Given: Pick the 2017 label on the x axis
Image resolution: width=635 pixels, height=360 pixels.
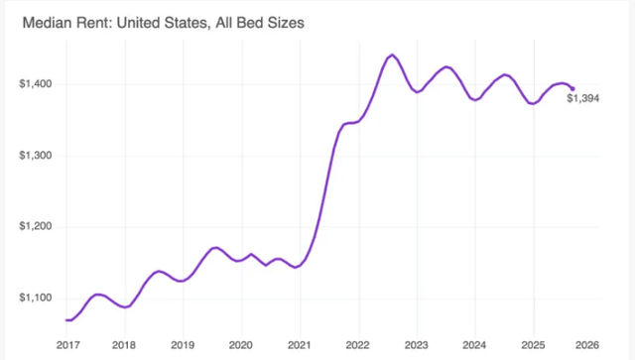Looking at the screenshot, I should (66, 344).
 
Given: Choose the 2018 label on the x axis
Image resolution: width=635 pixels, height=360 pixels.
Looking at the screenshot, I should (124, 344).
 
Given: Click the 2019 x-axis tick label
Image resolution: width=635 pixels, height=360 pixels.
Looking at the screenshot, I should (183, 344).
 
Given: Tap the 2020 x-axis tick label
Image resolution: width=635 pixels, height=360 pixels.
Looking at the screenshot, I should (241, 344).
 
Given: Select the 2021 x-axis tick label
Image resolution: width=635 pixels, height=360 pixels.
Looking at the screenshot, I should (299, 344).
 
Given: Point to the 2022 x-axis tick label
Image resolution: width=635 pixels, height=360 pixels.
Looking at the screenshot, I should (357, 344).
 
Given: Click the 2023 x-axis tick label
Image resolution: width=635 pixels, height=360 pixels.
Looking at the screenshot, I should (416, 344).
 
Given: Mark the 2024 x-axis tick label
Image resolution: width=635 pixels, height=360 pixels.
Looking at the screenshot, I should (473, 344).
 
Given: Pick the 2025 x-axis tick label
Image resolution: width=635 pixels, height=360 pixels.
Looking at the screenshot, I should (532, 344).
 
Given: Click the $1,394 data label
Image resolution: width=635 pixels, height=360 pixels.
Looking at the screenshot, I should (583, 97).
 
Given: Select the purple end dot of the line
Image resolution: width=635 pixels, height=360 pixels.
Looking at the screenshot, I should (571, 88).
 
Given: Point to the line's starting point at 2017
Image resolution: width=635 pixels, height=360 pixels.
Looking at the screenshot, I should (66, 319).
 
